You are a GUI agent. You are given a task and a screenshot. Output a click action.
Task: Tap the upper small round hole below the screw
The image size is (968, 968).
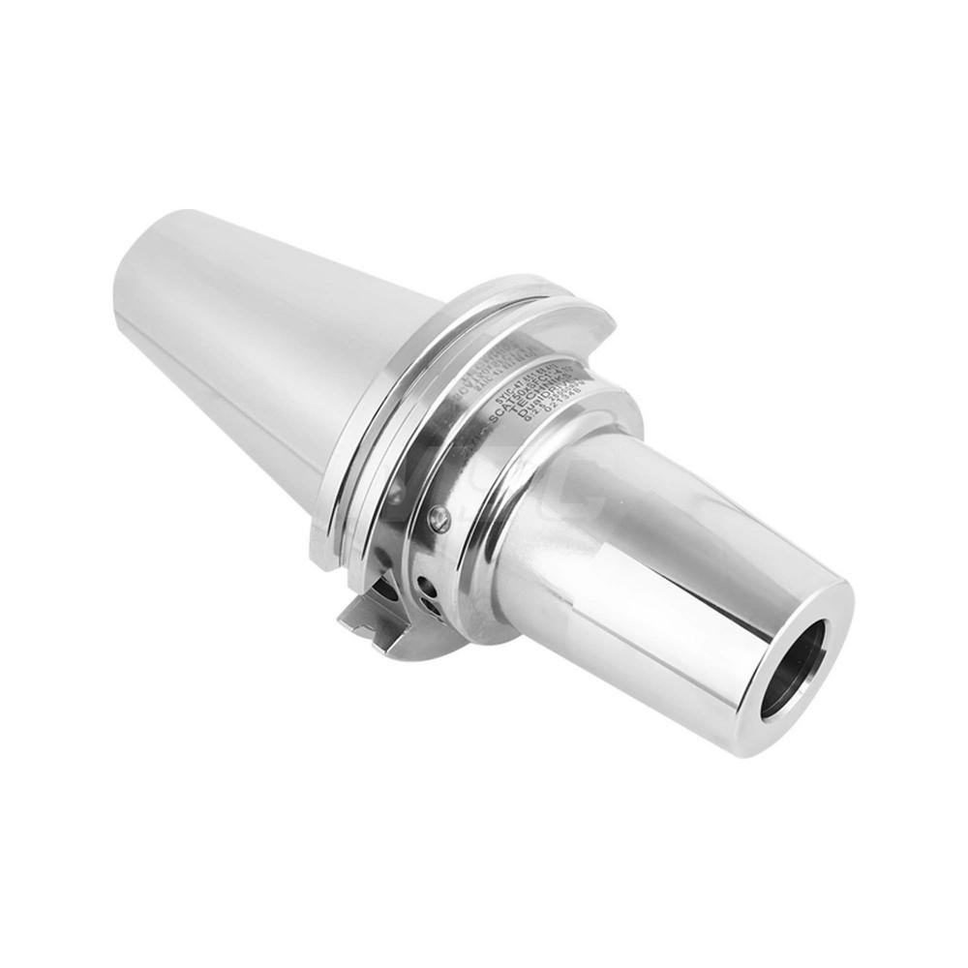click(x=427, y=587)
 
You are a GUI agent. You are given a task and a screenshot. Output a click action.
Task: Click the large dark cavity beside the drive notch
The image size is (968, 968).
click(x=386, y=590)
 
